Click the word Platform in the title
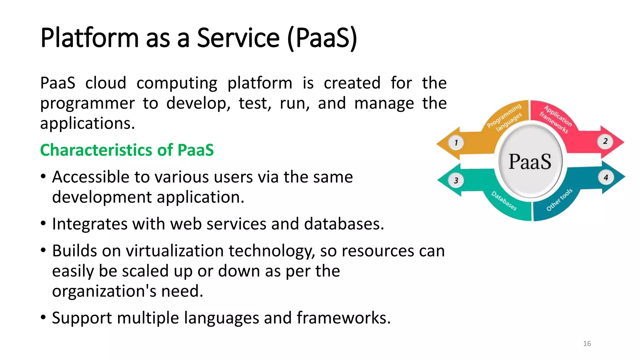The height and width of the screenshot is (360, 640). (x=89, y=38)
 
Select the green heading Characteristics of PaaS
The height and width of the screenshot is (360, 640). (x=127, y=150)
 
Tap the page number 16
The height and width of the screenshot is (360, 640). (x=587, y=344)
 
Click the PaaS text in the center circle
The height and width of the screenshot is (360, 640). (x=530, y=162)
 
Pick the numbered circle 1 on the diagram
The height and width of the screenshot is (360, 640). (x=456, y=143)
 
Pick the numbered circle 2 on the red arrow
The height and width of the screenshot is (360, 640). (x=605, y=141)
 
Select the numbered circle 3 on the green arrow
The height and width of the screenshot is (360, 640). (x=456, y=180)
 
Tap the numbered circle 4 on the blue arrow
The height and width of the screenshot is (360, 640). (x=606, y=177)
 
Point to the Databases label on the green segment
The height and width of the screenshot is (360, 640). (x=504, y=201)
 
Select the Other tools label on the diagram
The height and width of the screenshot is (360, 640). (x=559, y=200)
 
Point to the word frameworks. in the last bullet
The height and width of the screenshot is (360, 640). (x=343, y=318)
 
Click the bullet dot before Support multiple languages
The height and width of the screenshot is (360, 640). (x=43, y=318)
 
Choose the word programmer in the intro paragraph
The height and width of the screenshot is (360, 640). (x=87, y=103)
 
